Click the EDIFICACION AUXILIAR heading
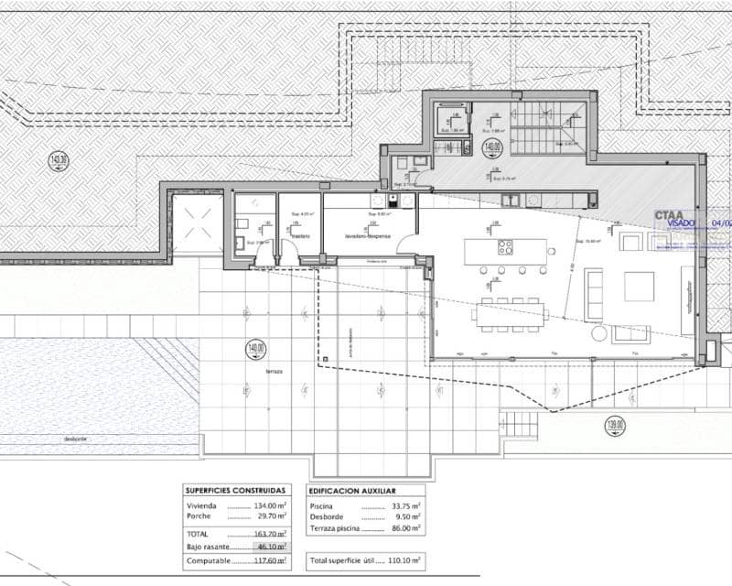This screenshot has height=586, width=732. tap(359, 491)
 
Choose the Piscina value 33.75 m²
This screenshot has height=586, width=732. tap(403, 505)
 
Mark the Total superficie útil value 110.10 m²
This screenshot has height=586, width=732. tap(403, 559)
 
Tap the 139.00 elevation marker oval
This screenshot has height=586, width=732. tap(616, 424)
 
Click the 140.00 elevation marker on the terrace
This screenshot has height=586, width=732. tap(254, 348)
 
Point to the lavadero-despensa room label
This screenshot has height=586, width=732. tap(368, 236)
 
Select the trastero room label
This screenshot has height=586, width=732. tap(300, 236)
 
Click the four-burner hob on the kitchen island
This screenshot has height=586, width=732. tap(504, 247)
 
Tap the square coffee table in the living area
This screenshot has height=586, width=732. tap(640, 287)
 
